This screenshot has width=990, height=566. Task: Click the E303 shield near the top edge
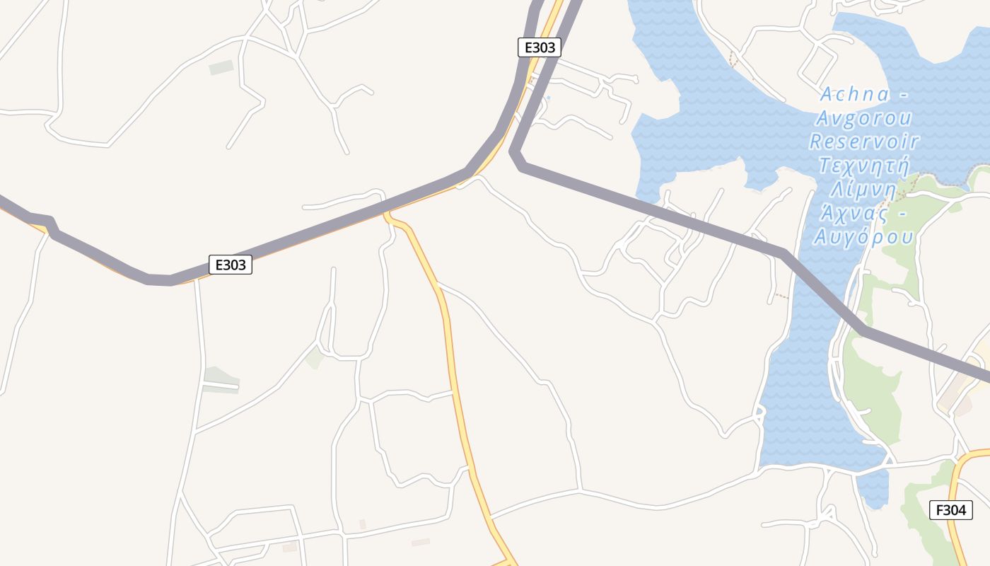tap(540, 47)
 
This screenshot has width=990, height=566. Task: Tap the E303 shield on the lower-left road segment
tap(231, 265)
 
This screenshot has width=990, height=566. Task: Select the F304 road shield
tap(951, 509)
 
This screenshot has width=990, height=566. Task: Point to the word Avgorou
tap(864, 117)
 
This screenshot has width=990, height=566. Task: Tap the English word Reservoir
tap(864, 141)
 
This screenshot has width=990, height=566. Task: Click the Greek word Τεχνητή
tap(863, 166)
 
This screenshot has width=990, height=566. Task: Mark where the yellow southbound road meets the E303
tap(387, 212)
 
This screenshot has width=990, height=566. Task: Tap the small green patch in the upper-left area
tap(221, 67)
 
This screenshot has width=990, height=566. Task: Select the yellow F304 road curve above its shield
tap(965, 460)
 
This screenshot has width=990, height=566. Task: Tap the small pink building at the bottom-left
tap(290, 547)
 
